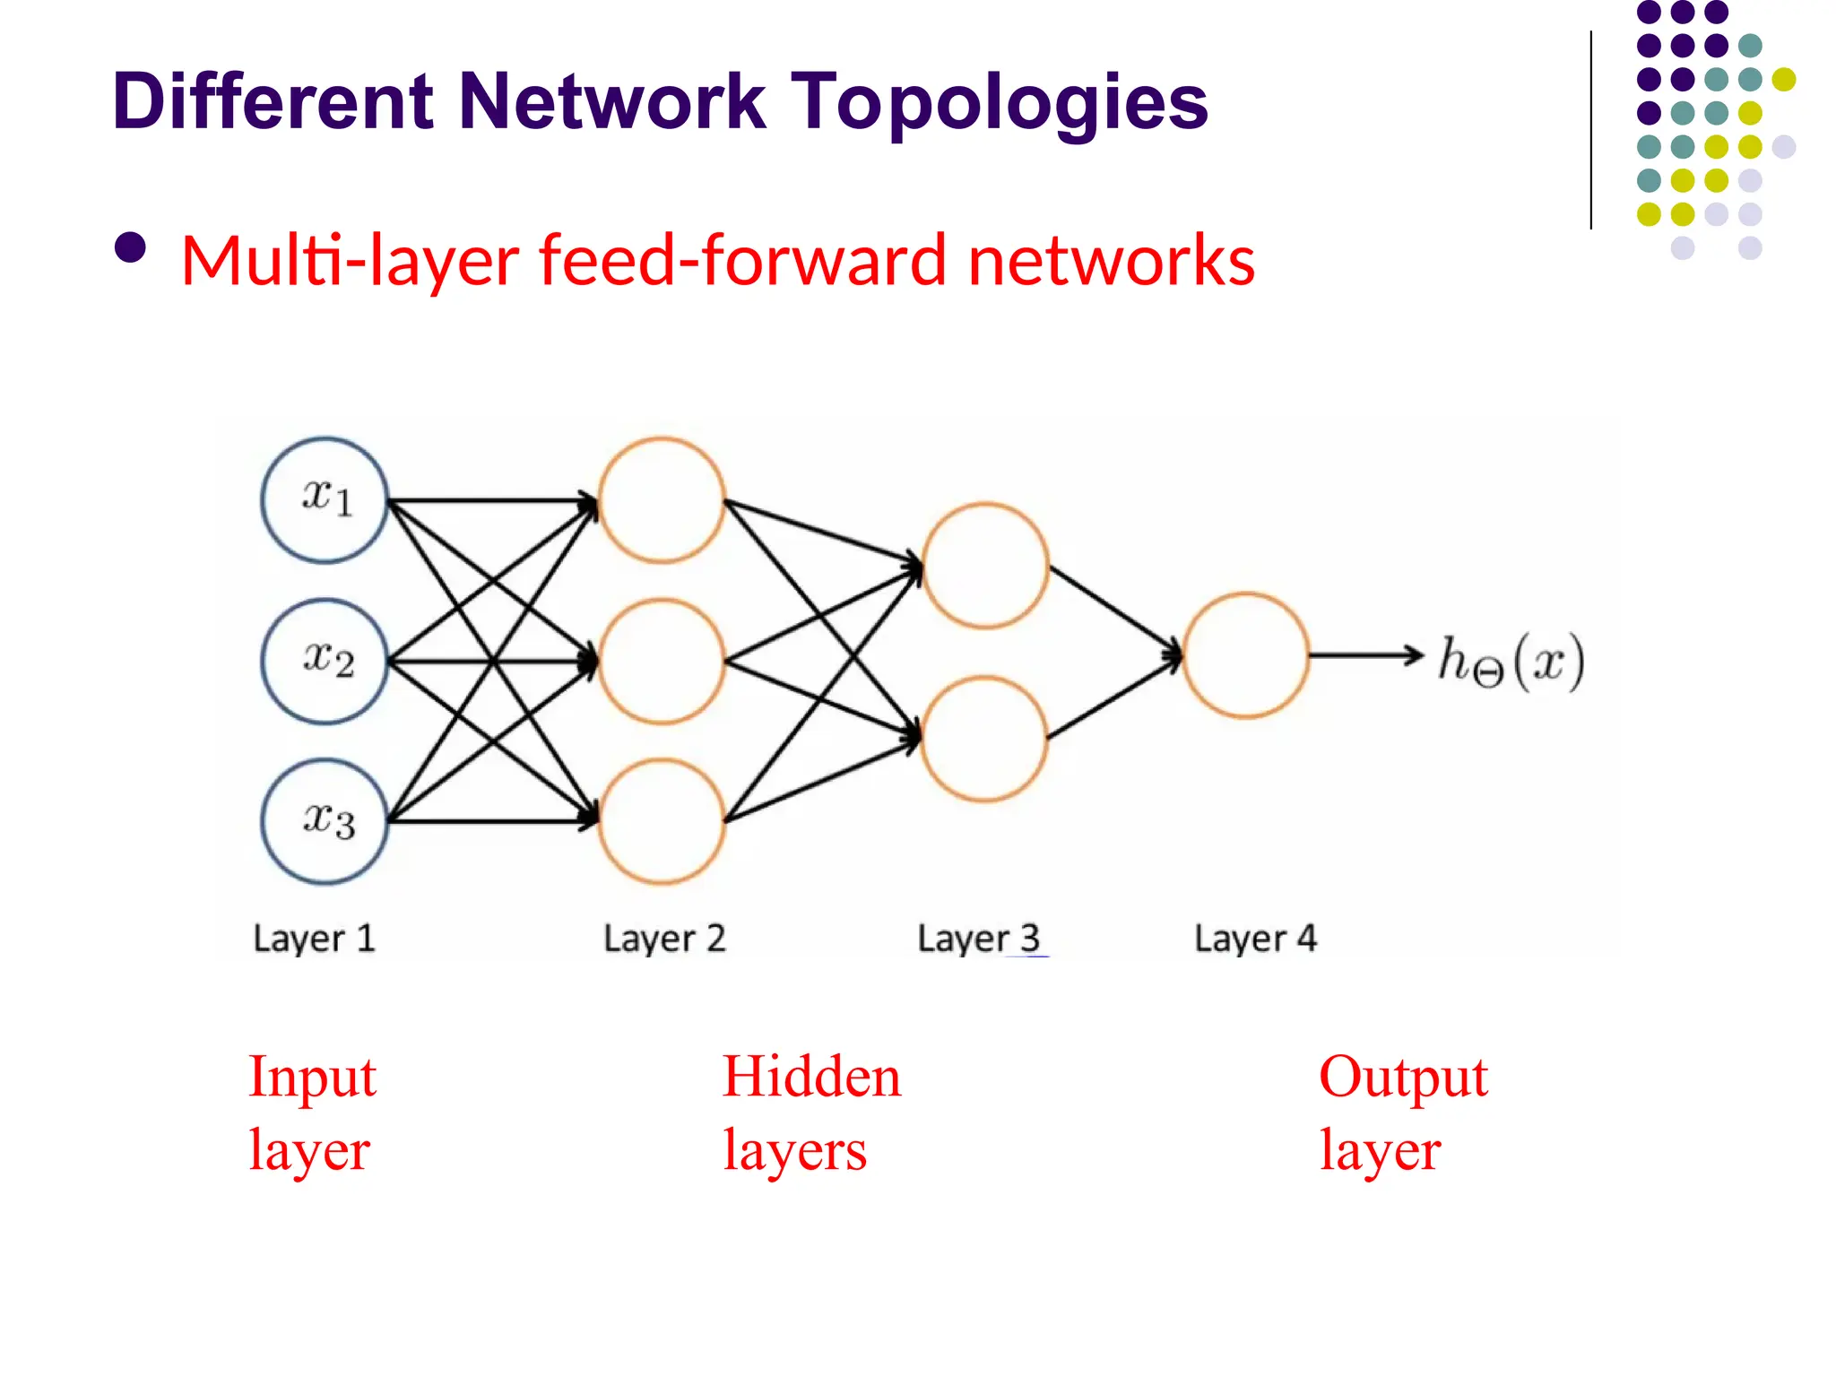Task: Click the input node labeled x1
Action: [325, 500]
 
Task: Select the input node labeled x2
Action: [325, 662]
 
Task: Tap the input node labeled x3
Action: [325, 821]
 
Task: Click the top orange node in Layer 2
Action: [662, 500]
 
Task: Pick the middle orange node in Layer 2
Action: [662, 662]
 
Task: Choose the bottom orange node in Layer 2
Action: [662, 821]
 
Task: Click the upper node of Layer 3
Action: [984, 565]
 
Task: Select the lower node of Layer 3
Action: [983, 739]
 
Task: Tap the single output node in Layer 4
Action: [1245, 655]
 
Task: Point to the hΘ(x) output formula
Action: [1511, 662]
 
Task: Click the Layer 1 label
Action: [314, 939]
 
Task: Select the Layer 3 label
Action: [978, 939]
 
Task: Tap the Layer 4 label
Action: [1255, 939]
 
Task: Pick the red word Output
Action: [1403, 1078]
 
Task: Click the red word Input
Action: [312, 1078]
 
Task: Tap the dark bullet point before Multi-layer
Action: [131, 248]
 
